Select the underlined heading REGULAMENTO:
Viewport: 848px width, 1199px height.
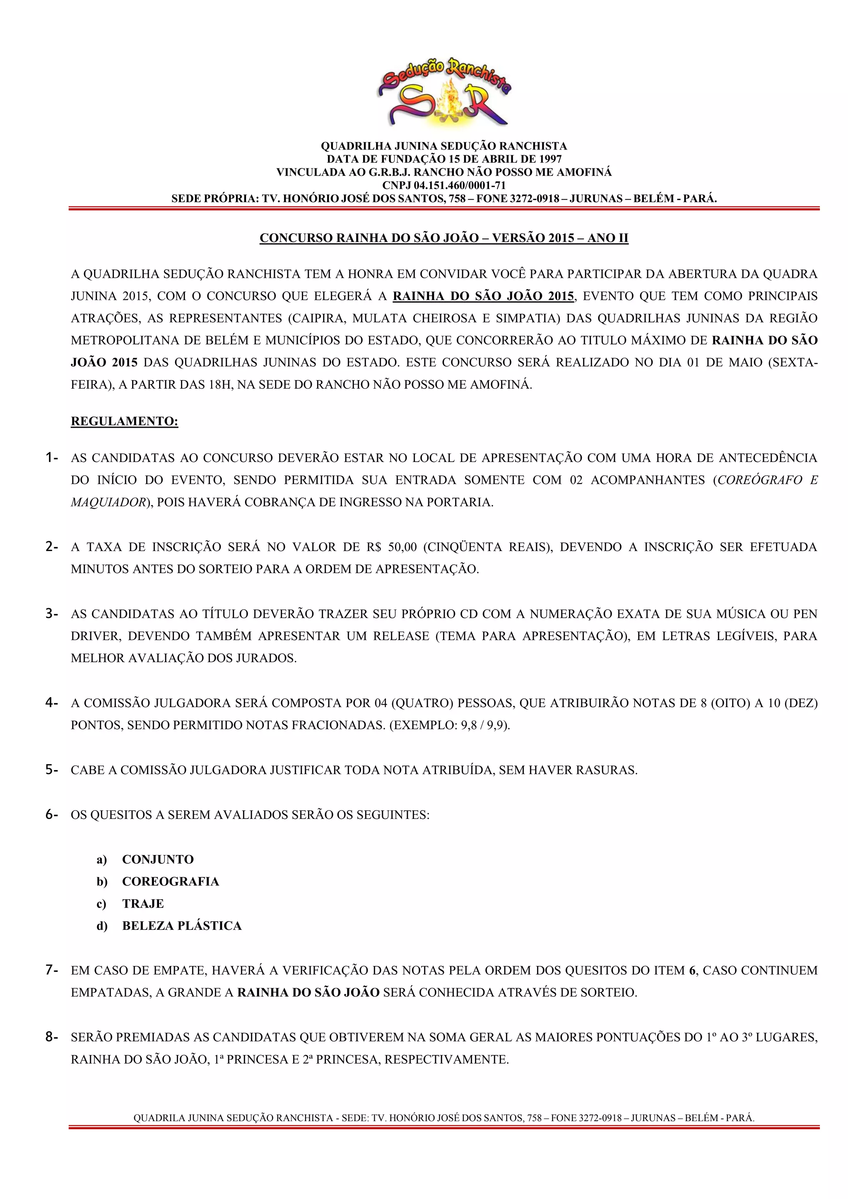click(x=124, y=421)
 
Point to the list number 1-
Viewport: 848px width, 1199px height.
click(x=51, y=458)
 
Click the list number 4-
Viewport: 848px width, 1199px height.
click(x=51, y=703)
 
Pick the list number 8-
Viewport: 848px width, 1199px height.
click(x=51, y=1037)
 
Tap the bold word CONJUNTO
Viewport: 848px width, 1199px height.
click(x=158, y=860)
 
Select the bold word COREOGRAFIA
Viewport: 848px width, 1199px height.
click(x=170, y=881)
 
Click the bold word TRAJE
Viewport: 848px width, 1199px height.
click(x=142, y=904)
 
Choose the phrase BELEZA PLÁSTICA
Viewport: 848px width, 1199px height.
click(x=182, y=926)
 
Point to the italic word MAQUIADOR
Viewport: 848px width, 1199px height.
click(x=108, y=502)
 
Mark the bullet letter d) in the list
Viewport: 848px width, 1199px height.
click(x=102, y=926)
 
